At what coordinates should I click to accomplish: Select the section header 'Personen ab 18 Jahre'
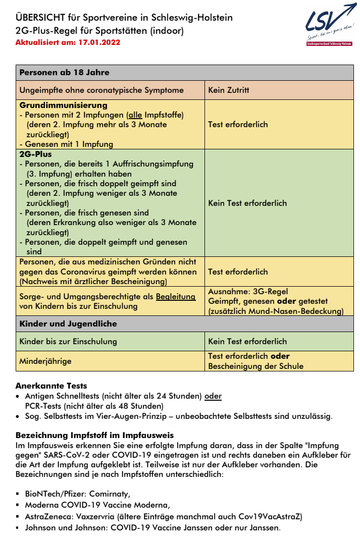click(x=64, y=72)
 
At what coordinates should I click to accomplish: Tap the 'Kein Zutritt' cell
click(x=229, y=90)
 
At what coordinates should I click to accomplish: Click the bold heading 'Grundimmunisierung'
click(x=63, y=105)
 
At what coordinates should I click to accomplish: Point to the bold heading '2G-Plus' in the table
click(x=35, y=154)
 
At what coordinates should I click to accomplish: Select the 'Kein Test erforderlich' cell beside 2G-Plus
click(x=247, y=203)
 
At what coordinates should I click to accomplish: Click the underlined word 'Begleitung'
click(x=175, y=297)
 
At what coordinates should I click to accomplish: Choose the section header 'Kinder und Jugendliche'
click(x=68, y=323)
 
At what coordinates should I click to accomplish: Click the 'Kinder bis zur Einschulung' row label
click(x=68, y=341)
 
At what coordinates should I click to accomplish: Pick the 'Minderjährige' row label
click(x=45, y=361)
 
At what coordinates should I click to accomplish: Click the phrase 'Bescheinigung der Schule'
click(x=256, y=366)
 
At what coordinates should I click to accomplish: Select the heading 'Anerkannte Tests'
click(x=52, y=386)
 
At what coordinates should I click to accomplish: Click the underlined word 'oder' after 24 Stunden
click(x=213, y=396)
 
